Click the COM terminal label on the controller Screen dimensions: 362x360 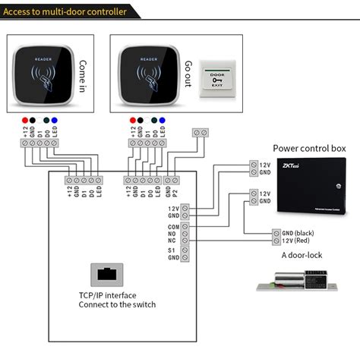[174, 227]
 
